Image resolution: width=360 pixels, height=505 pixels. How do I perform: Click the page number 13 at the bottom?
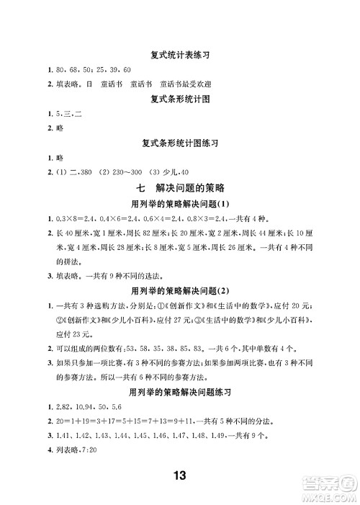pyautogui.click(x=180, y=475)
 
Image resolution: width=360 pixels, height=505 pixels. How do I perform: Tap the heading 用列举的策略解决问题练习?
pyautogui.click(x=180, y=393)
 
